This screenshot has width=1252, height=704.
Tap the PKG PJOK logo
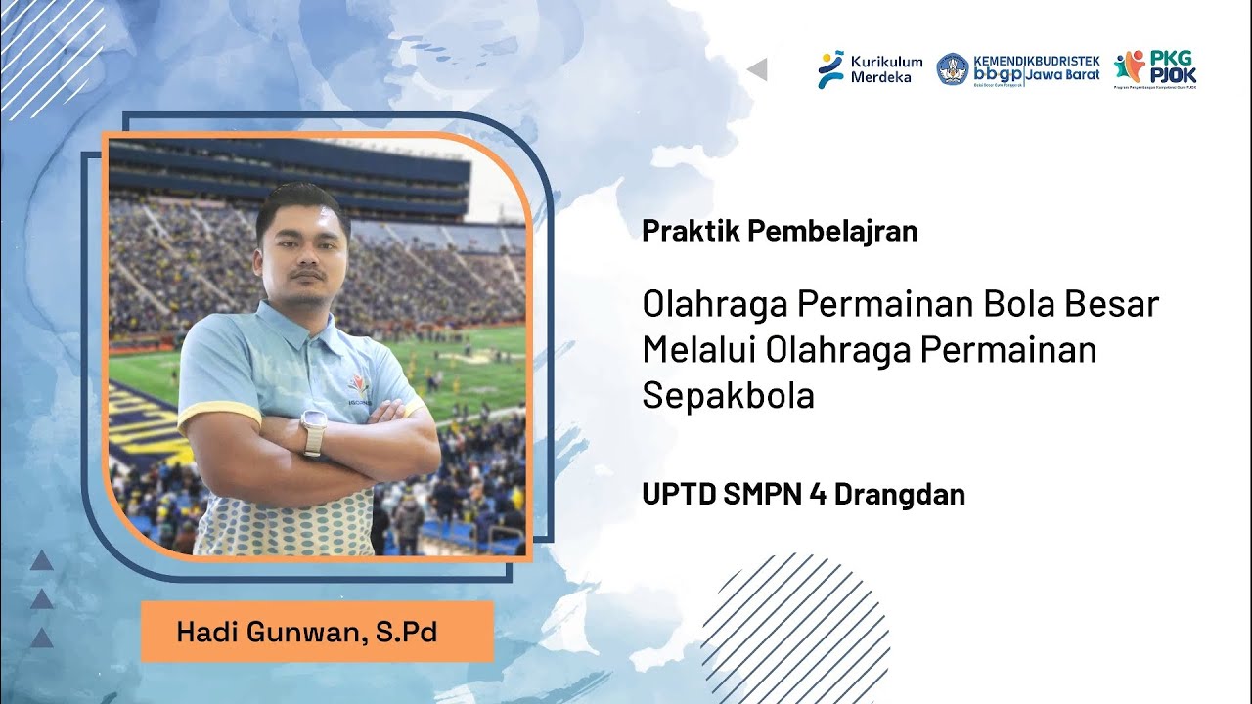[1155, 69]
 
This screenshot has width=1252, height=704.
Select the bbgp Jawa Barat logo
[1017, 69]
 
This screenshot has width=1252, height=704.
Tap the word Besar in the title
[1109, 304]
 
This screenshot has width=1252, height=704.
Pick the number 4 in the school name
[817, 495]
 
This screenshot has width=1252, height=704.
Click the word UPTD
[678, 495]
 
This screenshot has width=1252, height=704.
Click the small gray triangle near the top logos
[757, 69]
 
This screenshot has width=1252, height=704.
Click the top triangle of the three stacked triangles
[41, 561]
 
